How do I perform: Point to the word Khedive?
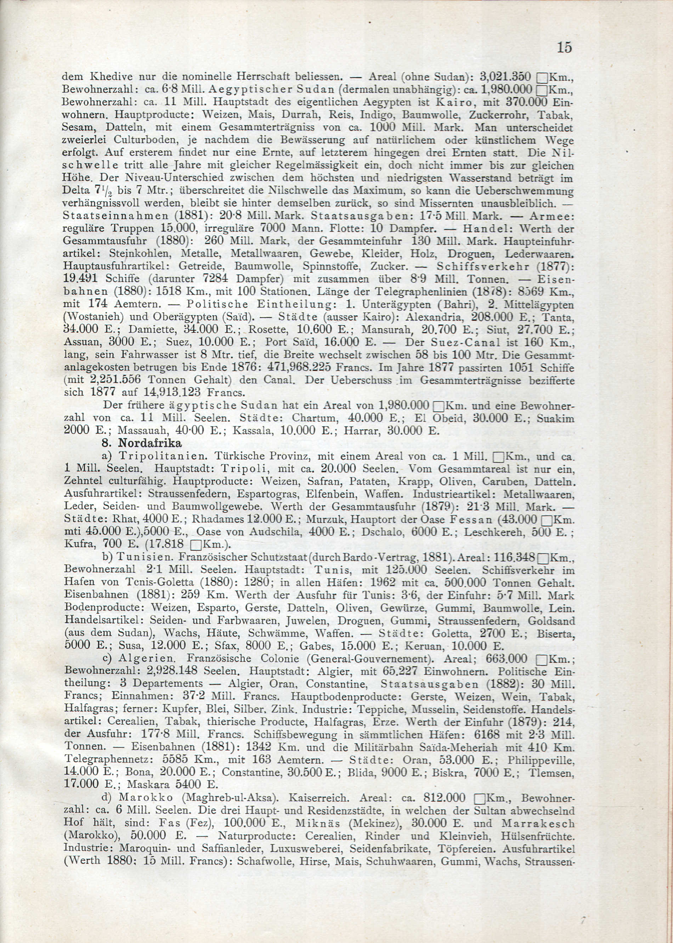coord(109,77)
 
